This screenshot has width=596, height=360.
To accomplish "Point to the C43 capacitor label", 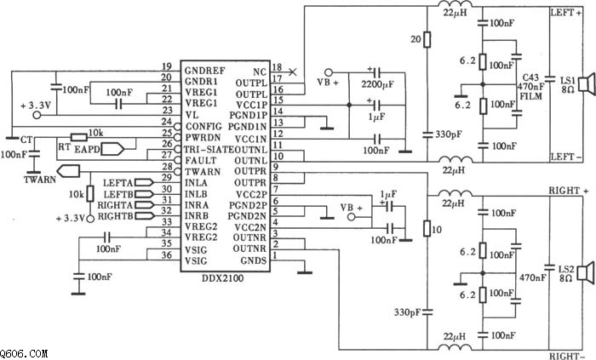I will coord(531,77).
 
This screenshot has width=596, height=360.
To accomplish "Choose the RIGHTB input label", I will coord(116,217).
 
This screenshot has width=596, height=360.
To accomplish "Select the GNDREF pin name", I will coord(204,67).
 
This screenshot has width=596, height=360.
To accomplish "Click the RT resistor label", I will coord(60,145).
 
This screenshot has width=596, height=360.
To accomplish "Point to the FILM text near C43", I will coord(533,96).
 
